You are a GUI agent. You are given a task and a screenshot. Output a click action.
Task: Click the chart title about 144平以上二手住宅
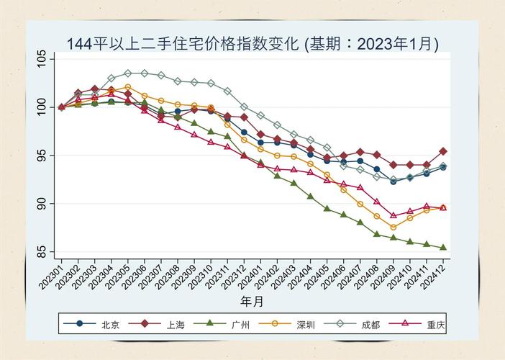[x=252, y=43]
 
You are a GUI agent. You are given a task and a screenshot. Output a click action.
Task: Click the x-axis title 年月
[x=252, y=300]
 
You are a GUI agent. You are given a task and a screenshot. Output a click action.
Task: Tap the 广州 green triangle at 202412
[x=443, y=248]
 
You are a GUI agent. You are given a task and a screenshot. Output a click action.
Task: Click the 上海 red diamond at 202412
[x=443, y=152]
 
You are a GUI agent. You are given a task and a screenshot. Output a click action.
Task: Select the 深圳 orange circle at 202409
[x=393, y=228]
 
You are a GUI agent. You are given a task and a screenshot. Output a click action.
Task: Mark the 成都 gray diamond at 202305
[x=127, y=73]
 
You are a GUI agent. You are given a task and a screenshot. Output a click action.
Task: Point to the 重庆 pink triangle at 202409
[x=393, y=215]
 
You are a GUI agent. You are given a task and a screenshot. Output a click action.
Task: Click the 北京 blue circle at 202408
[x=377, y=169]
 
